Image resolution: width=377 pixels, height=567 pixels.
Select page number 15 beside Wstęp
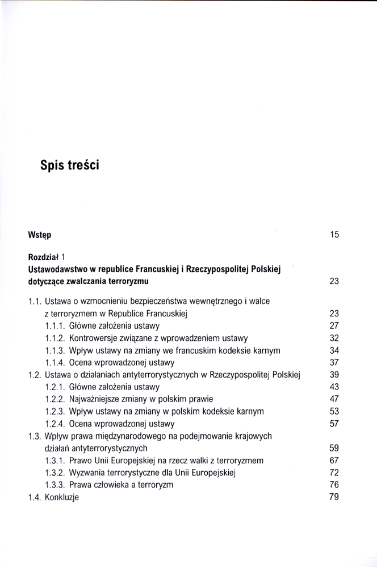coord(334,234)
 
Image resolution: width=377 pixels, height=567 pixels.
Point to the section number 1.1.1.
coord(55,325)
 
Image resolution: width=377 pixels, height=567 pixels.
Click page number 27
coord(334,325)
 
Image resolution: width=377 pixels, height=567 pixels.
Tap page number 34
coord(334,350)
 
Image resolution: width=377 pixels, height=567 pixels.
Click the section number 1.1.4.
coord(55,362)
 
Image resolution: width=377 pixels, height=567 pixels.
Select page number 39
coord(334,375)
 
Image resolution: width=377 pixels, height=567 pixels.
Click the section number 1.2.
coord(35,375)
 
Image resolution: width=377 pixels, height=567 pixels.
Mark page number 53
coord(334,411)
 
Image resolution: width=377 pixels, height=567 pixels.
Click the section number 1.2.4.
coord(55,424)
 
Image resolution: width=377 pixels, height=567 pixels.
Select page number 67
coord(334,460)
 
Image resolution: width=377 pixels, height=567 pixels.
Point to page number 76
coord(334,485)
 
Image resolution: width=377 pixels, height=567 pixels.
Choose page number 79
coord(334,497)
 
